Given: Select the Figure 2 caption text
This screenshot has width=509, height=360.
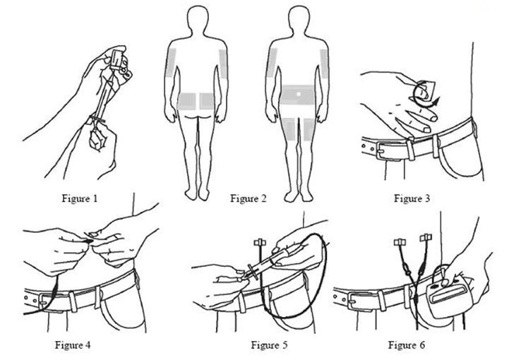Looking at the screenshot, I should (248, 199).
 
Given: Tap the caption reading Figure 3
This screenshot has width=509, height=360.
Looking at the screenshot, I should (412, 199).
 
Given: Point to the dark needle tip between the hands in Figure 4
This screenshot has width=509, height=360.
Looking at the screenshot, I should (90, 241).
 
